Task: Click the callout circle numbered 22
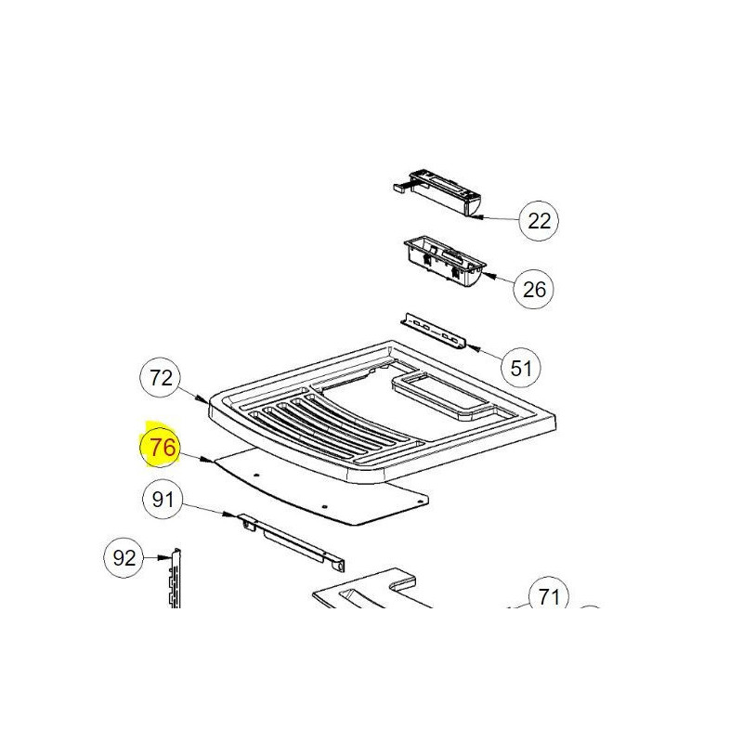tap(539, 221)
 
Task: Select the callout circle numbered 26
tap(533, 289)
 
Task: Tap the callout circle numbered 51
tap(521, 368)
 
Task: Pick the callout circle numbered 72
tap(161, 378)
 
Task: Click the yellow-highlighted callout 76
tap(161, 447)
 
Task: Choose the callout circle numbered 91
tap(163, 499)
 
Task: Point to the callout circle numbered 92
tap(124, 558)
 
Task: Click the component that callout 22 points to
tap(437, 194)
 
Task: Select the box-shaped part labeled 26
tap(445, 263)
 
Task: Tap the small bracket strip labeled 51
tap(433, 332)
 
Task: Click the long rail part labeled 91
tap(292, 542)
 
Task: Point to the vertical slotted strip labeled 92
tap(176, 578)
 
